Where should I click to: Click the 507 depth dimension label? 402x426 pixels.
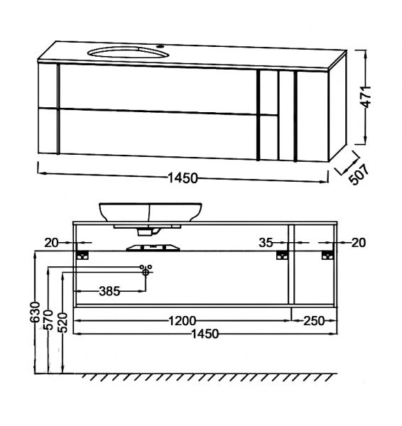click(359, 175)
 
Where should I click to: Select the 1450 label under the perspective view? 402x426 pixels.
click(183, 178)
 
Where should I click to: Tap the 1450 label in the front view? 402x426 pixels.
click(205, 334)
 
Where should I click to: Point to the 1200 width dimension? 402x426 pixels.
click(182, 321)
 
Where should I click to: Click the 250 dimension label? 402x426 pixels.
click(314, 321)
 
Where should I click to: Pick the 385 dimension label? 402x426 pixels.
click(109, 291)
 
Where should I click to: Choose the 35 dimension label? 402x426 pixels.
click(266, 243)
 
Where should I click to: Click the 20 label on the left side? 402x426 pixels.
click(51, 243)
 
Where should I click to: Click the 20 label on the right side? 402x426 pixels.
click(359, 243)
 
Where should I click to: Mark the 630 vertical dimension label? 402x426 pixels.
click(35, 312)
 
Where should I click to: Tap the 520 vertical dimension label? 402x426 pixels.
click(63, 323)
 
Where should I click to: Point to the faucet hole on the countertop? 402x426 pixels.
click(161, 45)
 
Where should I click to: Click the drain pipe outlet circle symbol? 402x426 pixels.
click(146, 272)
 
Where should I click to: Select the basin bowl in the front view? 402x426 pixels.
click(151, 212)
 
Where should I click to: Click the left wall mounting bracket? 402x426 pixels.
click(82, 255)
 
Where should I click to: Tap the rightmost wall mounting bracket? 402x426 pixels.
click(327, 255)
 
